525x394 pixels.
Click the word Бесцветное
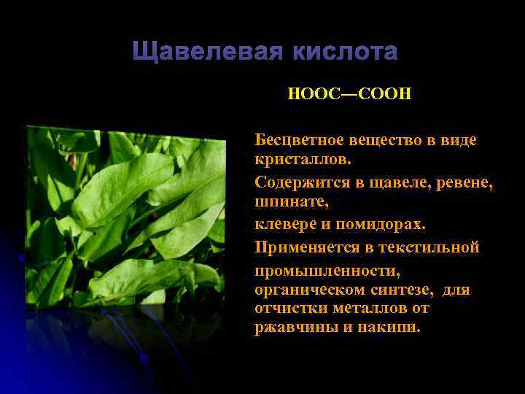coord(297,139)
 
